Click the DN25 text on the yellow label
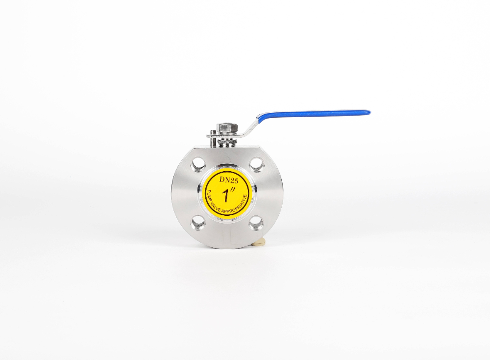(x=228, y=180)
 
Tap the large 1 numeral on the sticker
(x=225, y=196)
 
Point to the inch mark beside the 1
(x=232, y=190)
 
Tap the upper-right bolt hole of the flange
(x=257, y=164)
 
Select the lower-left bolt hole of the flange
(x=197, y=223)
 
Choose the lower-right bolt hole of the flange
(x=257, y=223)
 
